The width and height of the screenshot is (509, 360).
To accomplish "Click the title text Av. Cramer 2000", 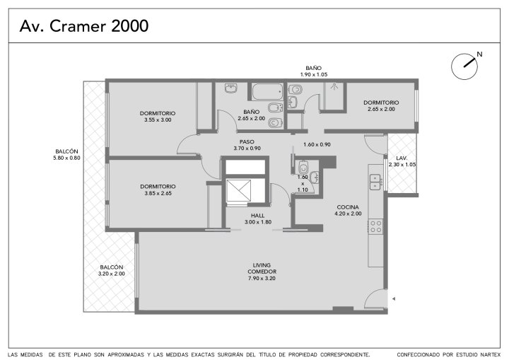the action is (x=84, y=26).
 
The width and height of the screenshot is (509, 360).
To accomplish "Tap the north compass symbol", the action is (x=465, y=66).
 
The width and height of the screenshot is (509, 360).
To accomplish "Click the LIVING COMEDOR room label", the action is (x=262, y=268).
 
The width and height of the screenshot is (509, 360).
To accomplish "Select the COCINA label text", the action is (x=348, y=207).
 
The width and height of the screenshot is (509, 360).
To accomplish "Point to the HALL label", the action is (x=258, y=216).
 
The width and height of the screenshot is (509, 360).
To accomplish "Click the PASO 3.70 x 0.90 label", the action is (x=247, y=145).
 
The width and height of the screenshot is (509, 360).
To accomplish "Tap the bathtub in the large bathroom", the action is (x=267, y=92).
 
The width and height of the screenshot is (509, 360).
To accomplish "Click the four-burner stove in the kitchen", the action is (x=376, y=226).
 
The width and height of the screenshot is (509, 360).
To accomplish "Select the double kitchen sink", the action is (x=375, y=182).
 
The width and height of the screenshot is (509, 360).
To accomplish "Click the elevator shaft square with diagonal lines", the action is (x=239, y=191).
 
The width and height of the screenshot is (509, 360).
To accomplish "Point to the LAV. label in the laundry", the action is (x=402, y=158).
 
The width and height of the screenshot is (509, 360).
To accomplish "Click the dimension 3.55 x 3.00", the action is (x=158, y=120).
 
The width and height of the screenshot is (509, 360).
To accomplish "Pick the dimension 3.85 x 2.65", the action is (x=158, y=193).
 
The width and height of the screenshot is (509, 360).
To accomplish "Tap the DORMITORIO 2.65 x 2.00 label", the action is (x=381, y=106).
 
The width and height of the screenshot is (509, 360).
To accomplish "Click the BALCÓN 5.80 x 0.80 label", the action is (x=66, y=155).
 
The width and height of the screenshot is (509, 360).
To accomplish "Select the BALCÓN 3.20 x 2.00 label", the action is (x=112, y=270).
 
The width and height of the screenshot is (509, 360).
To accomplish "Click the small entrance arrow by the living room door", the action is (x=394, y=298).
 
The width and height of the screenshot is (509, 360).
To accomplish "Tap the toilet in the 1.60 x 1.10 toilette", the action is (x=303, y=168).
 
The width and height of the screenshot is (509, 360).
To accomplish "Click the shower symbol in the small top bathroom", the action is (x=334, y=86).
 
